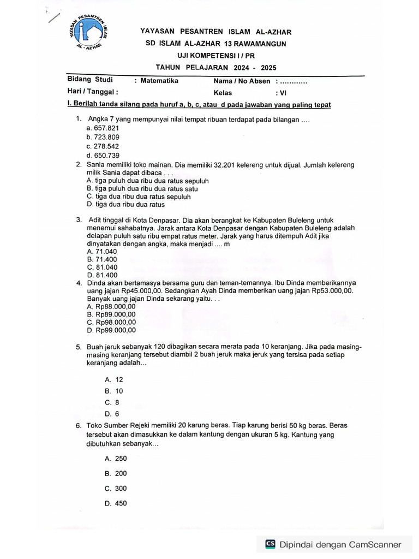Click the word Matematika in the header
coord(159,81)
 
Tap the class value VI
coord(283,92)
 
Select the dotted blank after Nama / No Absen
coord(293,81)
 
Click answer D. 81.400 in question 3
coord(103,275)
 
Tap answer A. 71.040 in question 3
coord(102,251)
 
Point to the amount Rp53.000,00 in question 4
coord(332,291)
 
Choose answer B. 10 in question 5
coord(114,391)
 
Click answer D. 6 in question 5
coord(112,414)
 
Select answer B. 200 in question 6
coord(116,473)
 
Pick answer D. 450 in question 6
coord(116,503)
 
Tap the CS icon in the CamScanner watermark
coord(270,544)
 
